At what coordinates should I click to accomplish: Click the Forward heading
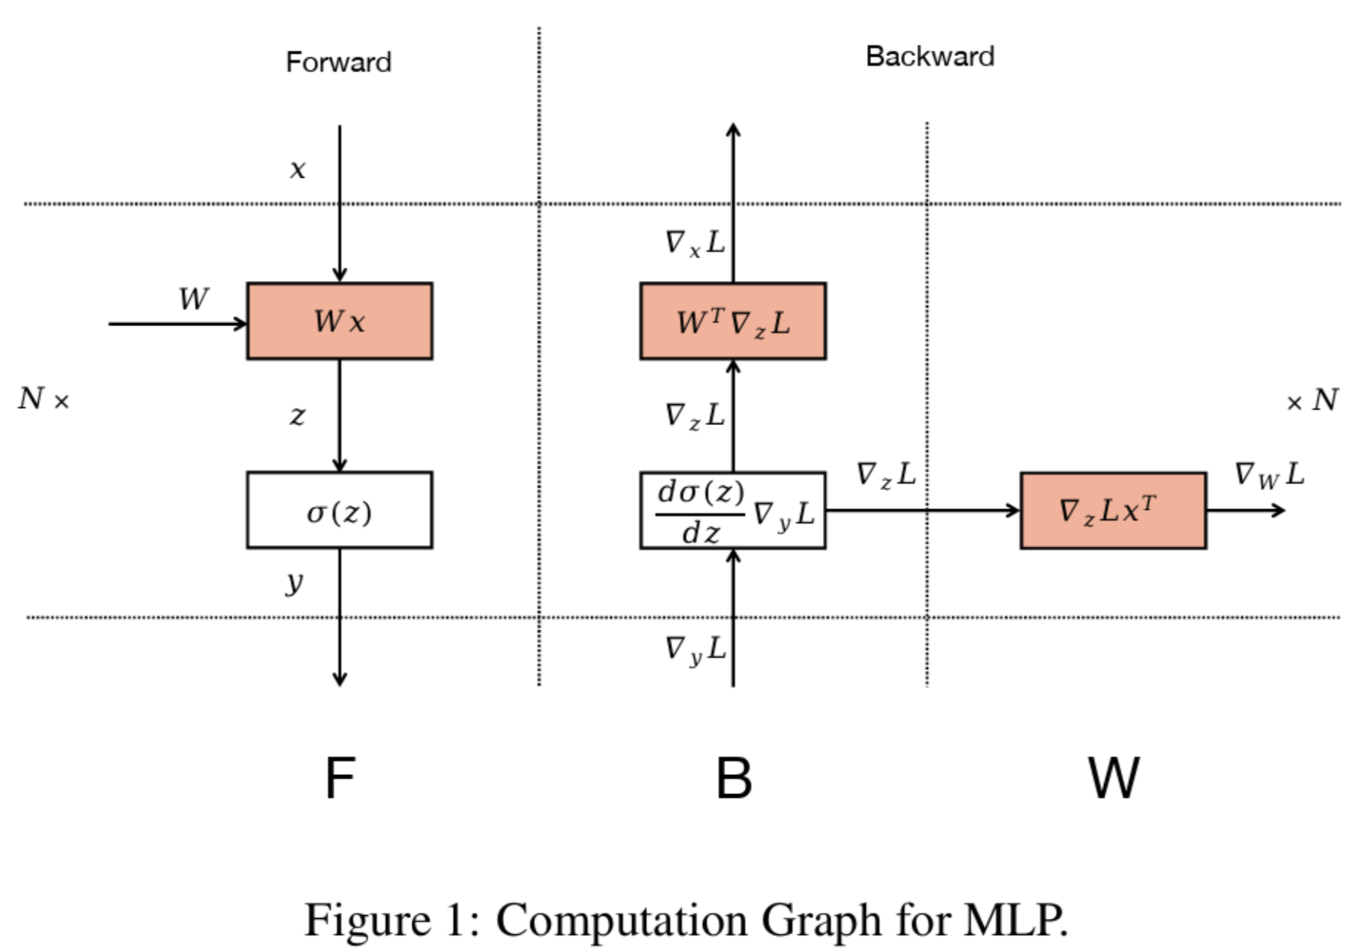point(338,62)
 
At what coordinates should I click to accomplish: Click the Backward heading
point(930,57)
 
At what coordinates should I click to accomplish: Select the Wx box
point(339,321)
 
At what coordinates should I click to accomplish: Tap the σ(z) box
point(339,510)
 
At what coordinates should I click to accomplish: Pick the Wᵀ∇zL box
point(733,321)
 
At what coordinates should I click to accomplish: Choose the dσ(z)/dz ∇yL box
point(733,511)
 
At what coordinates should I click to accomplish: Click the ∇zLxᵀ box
point(1113,511)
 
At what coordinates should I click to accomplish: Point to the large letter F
point(340,778)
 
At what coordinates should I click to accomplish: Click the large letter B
point(734,778)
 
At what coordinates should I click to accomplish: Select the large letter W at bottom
point(1113,778)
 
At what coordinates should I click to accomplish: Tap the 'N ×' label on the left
point(44,399)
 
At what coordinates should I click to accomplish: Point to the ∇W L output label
point(1269,475)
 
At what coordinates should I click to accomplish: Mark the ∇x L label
point(694,243)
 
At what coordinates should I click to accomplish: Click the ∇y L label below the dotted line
point(694,649)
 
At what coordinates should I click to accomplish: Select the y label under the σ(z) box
point(295,583)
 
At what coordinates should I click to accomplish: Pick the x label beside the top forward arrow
point(298,169)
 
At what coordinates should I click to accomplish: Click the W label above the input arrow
point(193,299)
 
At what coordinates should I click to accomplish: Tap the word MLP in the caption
point(1014,919)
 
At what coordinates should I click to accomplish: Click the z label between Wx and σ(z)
point(297,416)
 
